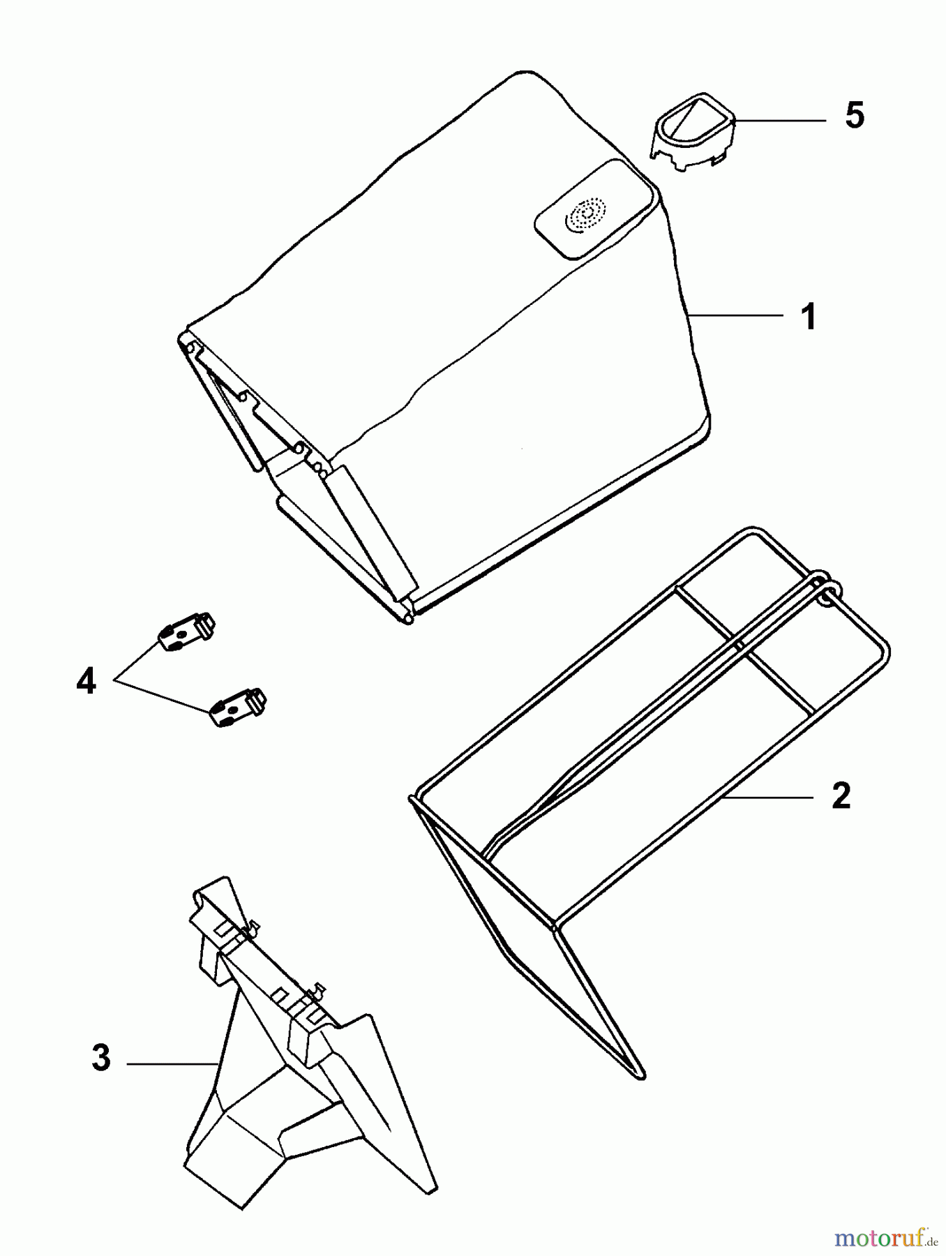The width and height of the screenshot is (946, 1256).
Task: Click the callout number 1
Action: pos(809,317)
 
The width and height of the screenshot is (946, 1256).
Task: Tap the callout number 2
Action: pos(841,796)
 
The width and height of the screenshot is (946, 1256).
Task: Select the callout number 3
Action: pos(101,1058)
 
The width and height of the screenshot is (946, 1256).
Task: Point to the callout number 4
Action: pos(86,681)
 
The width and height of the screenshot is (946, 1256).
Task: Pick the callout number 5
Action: pos(854,115)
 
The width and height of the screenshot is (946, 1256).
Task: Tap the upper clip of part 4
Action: pos(186,630)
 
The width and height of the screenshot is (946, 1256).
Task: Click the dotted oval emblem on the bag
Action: pos(585,215)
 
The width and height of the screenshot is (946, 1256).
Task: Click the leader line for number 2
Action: pos(767,796)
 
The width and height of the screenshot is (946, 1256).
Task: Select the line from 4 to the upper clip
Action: pos(137,659)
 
